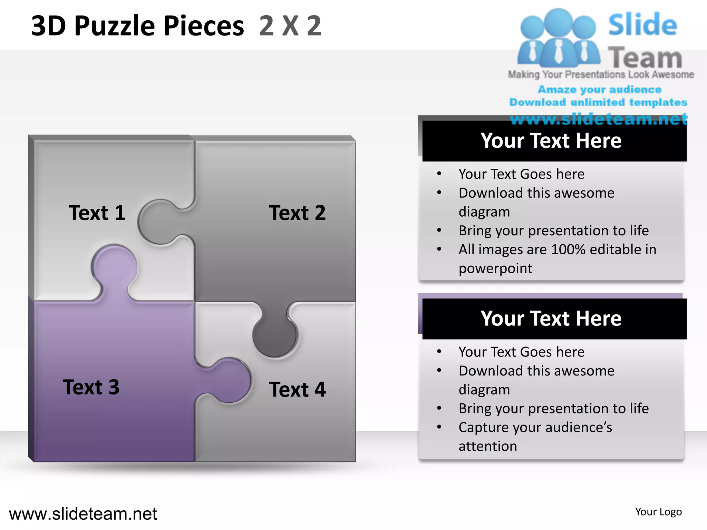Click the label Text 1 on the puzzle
(x=97, y=213)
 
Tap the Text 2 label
(x=297, y=213)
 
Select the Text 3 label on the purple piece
(x=91, y=387)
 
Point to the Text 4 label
(x=297, y=389)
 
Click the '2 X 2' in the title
(x=290, y=26)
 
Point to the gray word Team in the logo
(x=645, y=57)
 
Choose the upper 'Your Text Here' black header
(x=551, y=141)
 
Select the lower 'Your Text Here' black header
(x=551, y=318)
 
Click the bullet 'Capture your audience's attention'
(x=535, y=436)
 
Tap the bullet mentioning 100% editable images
(x=557, y=258)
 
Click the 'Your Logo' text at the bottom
(x=658, y=512)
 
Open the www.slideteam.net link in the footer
(x=83, y=514)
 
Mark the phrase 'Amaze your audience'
(x=599, y=90)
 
